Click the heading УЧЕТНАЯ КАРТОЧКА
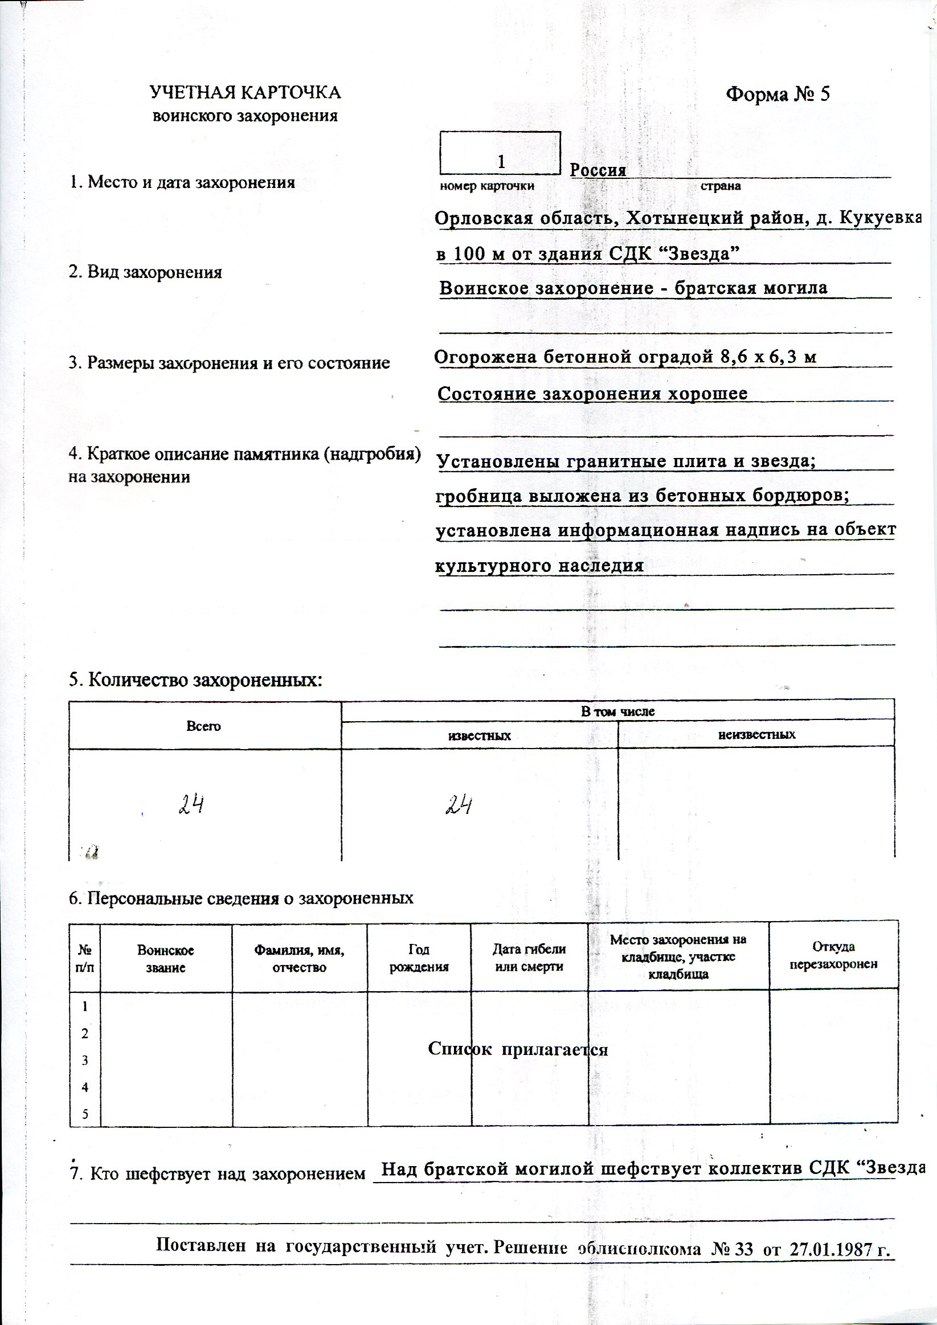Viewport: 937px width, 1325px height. (245, 93)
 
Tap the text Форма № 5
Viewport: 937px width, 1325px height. (777, 95)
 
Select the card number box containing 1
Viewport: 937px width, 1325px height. (500, 153)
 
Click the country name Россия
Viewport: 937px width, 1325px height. (598, 171)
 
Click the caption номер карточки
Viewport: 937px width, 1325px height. (486, 186)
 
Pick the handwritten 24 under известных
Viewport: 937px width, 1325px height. (459, 804)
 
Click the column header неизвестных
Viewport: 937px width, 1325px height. (756, 735)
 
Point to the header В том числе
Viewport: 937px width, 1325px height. (617, 711)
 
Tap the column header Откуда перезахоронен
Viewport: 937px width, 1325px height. (833, 956)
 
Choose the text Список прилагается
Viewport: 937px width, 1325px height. (518, 1049)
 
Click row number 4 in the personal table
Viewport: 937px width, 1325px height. (85, 1088)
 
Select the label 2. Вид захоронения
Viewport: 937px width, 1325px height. (145, 272)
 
